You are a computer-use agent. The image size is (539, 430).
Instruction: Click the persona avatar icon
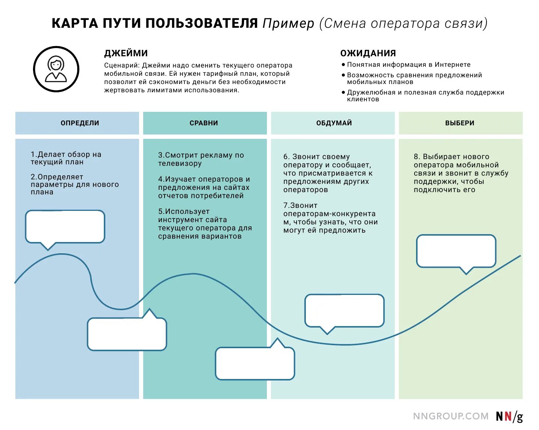click(x=56, y=69)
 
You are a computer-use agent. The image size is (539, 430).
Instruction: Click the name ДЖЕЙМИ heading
click(x=126, y=53)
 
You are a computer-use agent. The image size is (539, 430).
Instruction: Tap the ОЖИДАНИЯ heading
click(x=368, y=53)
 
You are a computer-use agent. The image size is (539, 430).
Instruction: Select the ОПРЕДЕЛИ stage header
click(x=80, y=123)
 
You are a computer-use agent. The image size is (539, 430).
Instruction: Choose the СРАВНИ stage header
click(x=204, y=123)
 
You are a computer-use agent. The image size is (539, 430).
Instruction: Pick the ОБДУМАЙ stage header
click(x=334, y=123)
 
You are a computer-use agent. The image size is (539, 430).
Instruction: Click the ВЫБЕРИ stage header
click(x=460, y=123)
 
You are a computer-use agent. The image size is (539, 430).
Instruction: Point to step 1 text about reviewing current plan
click(x=66, y=158)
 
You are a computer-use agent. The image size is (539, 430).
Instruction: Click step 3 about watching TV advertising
click(x=201, y=159)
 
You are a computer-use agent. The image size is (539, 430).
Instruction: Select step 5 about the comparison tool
click(x=205, y=224)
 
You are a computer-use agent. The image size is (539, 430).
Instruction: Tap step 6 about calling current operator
click(x=328, y=173)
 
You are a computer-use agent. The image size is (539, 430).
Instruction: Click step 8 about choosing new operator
click(x=461, y=173)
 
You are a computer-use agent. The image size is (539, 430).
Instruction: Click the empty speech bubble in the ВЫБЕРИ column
click(x=456, y=251)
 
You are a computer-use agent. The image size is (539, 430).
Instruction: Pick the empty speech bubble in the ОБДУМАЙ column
click(x=344, y=310)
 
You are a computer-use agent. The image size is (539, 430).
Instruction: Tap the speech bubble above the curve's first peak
click(x=65, y=227)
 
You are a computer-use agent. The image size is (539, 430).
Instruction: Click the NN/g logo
click(x=509, y=416)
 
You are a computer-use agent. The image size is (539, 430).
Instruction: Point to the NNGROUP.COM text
click(x=451, y=416)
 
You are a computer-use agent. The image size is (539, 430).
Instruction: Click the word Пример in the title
click(x=288, y=24)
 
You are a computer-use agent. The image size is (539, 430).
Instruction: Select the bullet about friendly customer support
click(x=425, y=96)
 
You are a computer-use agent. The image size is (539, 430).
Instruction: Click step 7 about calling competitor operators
click(x=330, y=218)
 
